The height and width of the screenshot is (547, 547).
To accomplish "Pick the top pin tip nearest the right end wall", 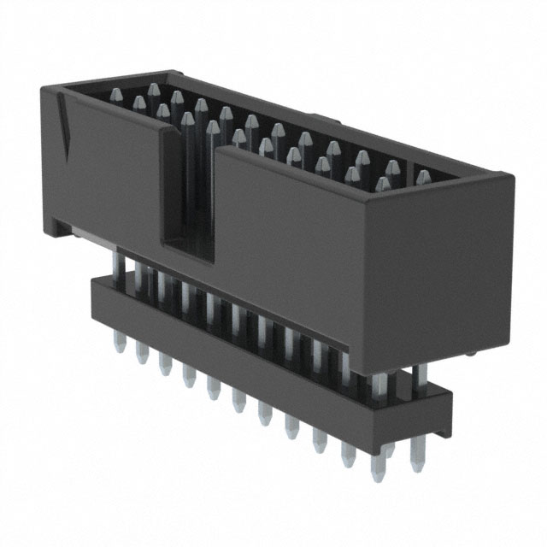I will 422,178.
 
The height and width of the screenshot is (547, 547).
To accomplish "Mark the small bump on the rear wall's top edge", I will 317,116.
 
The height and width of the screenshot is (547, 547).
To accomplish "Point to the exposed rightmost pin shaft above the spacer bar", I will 418,376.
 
